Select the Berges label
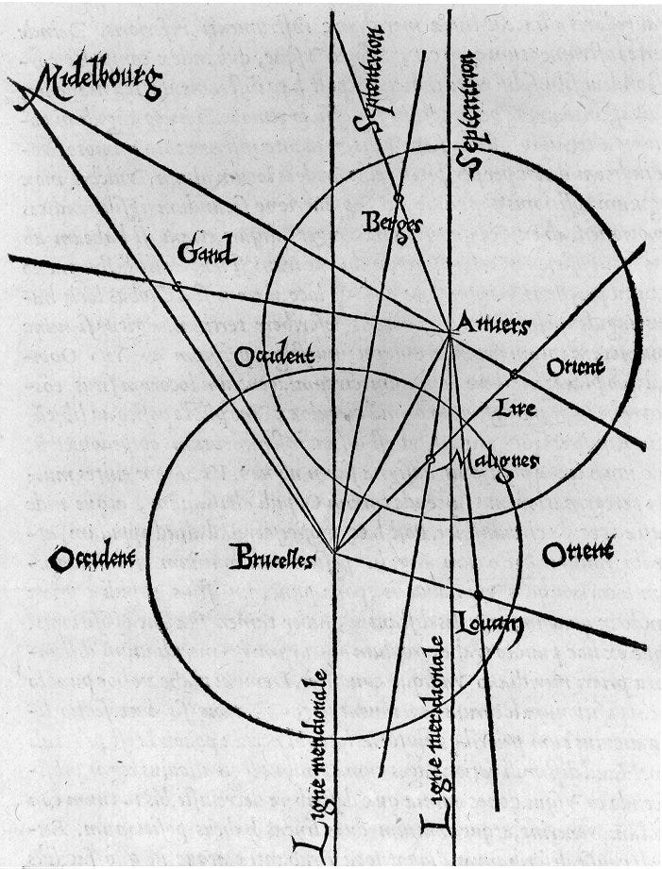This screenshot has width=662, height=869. (x=390, y=226)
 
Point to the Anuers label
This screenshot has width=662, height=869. (x=492, y=325)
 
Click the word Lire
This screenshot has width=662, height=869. (x=514, y=409)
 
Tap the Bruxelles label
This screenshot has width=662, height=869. (x=271, y=558)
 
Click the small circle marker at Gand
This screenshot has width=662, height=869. (x=177, y=285)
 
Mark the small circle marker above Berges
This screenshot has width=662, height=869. (x=399, y=198)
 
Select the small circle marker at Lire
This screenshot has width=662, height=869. (x=514, y=375)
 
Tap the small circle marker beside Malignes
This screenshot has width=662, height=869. (x=430, y=459)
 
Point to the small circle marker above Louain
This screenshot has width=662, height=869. (x=479, y=593)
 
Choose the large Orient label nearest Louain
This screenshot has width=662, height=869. (x=577, y=551)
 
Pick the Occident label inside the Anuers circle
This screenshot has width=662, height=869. (x=273, y=356)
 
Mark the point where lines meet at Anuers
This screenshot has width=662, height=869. (x=449, y=330)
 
